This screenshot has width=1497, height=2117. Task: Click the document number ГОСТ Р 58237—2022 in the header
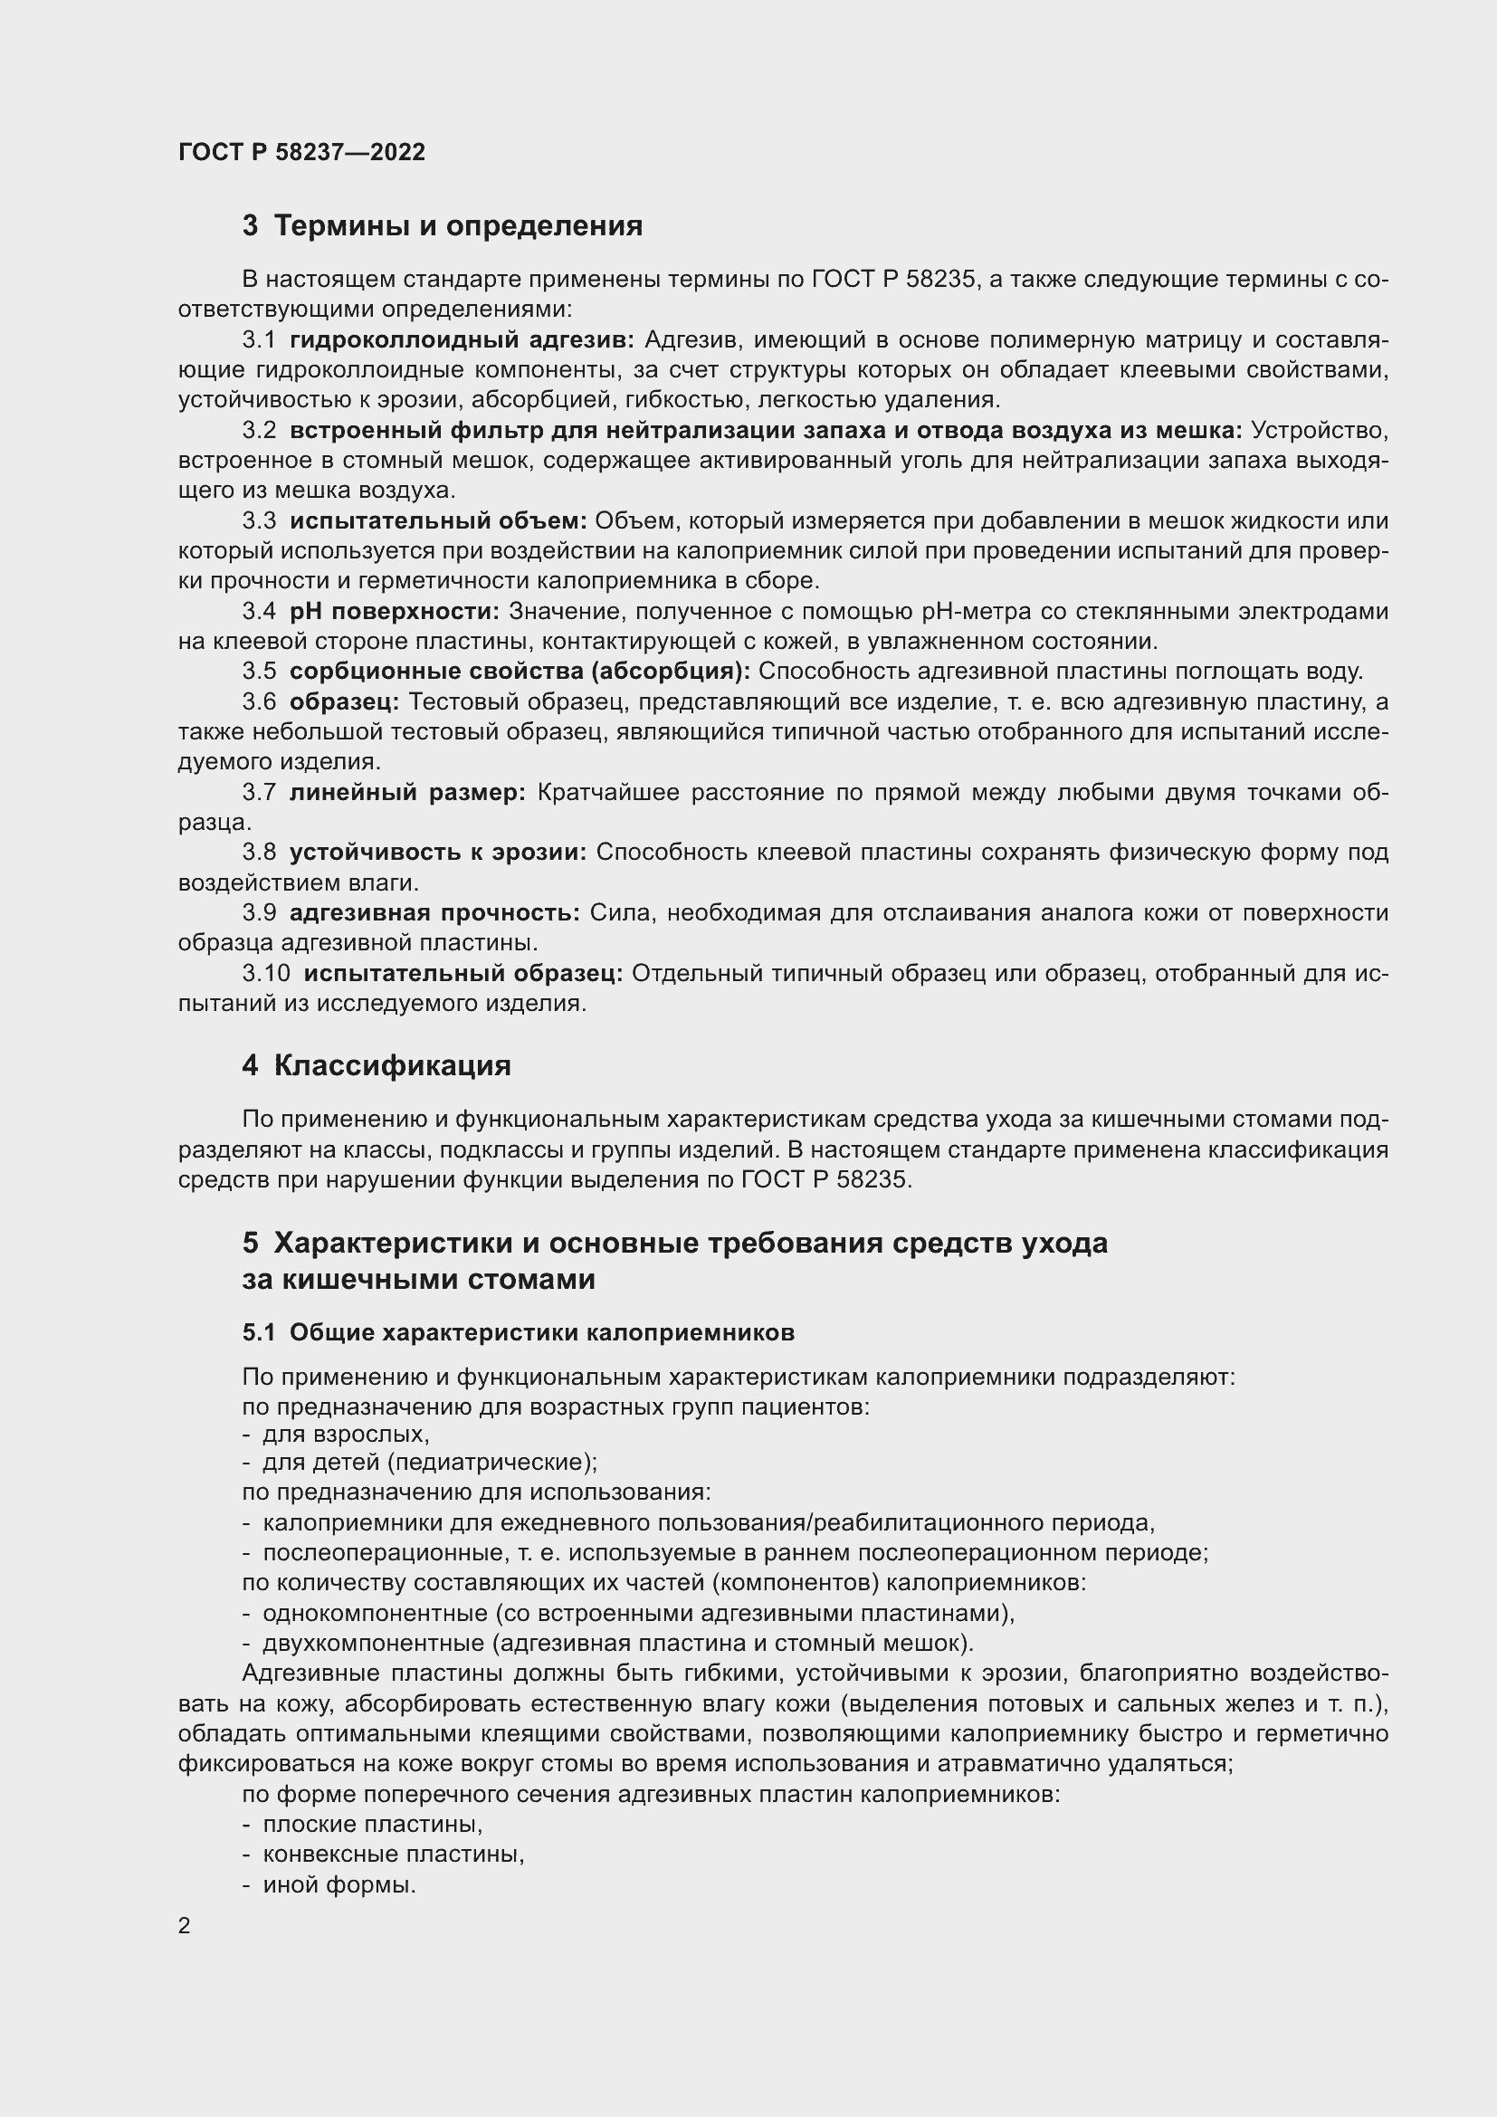point(301,152)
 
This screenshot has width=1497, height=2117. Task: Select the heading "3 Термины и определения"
point(442,226)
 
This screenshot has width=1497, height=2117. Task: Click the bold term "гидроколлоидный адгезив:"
point(462,340)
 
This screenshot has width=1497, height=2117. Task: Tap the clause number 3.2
point(259,431)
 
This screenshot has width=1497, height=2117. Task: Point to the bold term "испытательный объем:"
point(438,521)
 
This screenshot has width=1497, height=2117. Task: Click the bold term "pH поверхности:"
point(394,611)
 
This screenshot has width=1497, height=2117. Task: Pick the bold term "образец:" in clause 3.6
point(344,701)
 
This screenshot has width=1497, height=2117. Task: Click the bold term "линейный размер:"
point(406,792)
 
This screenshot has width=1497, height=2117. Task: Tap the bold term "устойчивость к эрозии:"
point(438,852)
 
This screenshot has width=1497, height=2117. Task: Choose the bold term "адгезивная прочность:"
point(434,913)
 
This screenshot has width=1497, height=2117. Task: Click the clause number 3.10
point(266,973)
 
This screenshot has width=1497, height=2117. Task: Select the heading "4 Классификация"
point(377,1066)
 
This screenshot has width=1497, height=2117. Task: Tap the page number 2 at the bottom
point(185,1926)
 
